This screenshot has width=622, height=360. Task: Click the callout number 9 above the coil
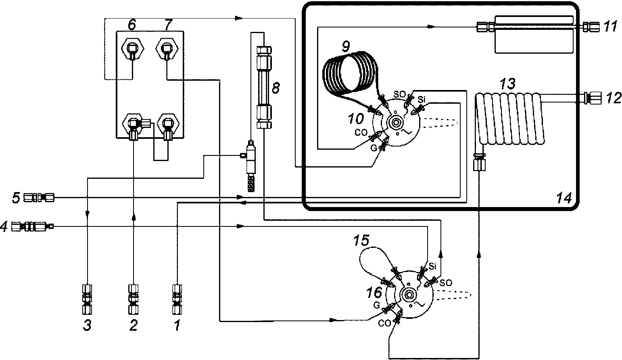point(346,46)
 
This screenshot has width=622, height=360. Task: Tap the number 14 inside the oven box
point(564,198)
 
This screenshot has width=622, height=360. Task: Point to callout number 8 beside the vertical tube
point(276,88)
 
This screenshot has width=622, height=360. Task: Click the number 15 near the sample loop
point(361,241)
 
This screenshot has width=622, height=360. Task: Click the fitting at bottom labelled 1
point(177,299)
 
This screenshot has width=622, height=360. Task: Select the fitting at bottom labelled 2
point(134,299)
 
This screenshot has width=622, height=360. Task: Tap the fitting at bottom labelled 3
point(87,299)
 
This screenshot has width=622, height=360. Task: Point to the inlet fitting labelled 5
point(38,198)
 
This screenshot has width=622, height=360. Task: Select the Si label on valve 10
point(421,99)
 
